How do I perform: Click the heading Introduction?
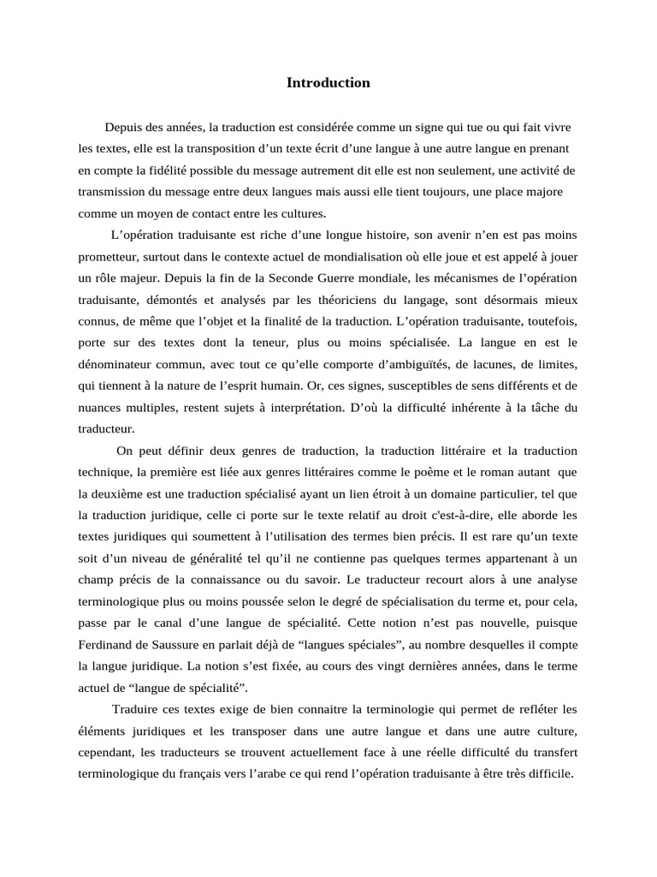pos(328,83)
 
